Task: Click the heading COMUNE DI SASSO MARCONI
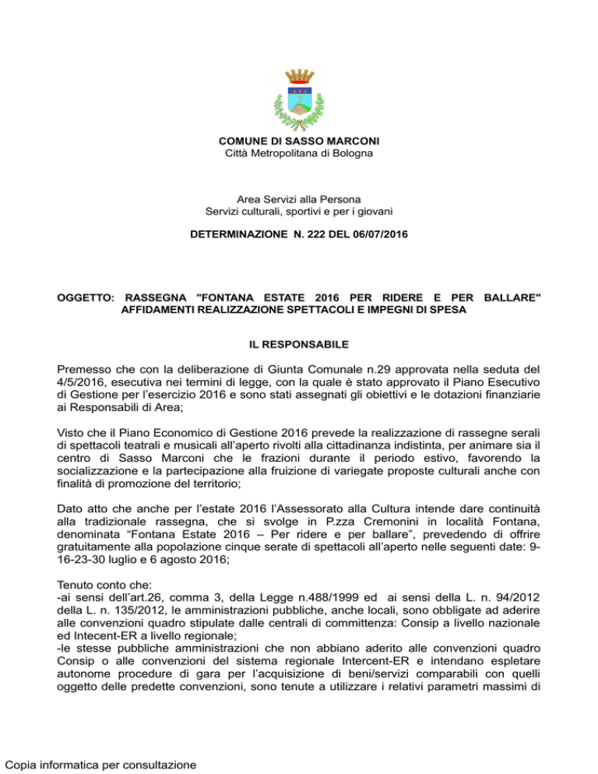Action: point(299,141)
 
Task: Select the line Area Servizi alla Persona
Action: point(299,200)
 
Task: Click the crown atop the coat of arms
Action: point(299,76)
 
